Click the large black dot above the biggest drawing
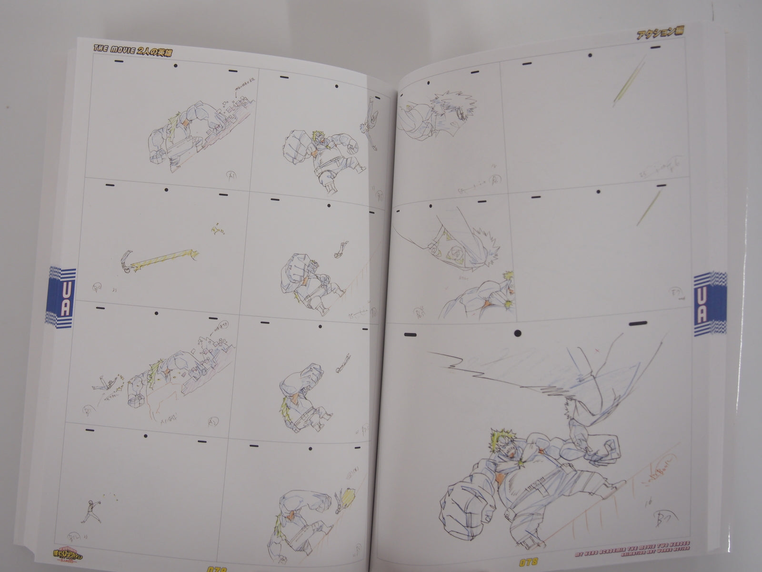(x=518, y=333)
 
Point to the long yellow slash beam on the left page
(x=162, y=259)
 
